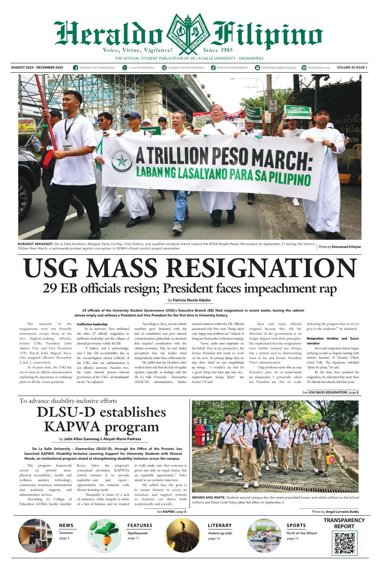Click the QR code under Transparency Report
[x=344, y=543]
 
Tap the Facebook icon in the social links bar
[x=75, y=67]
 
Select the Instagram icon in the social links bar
[x=164, y=67]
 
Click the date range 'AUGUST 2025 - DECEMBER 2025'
[x=37, y=67]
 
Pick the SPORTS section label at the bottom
[x=296, y=525]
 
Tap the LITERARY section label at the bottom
[x=220, y=525]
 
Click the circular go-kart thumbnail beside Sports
[x=264, y=536]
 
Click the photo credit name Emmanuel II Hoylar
[x=346, y=247]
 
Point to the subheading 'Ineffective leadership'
[x=92, y=324]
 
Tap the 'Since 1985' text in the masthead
[x=218, y=50]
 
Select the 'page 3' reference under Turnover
[x=64, y=538]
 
